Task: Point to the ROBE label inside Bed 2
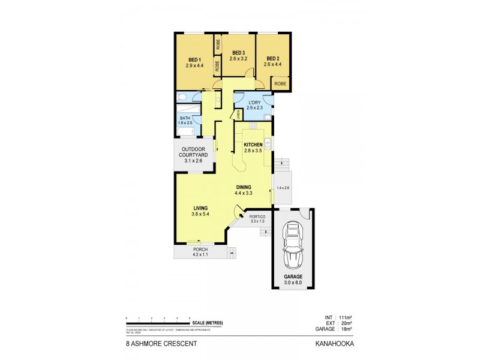(x=280, y=84)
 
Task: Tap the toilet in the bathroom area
(x=181, y=97)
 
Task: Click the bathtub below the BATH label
(x=187, y=131)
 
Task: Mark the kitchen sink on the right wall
(x=268, y=143)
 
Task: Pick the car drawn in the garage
(x=293, y=245)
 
